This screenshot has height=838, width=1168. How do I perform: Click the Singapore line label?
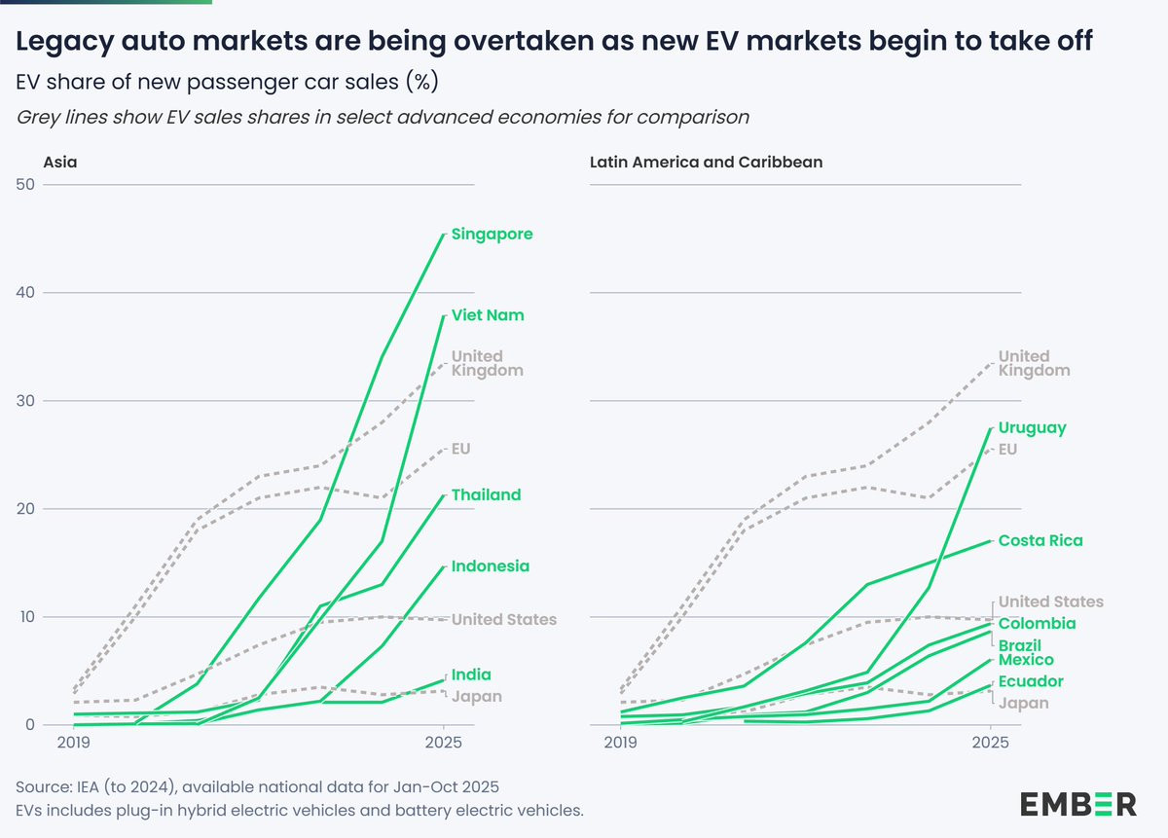pyautogui.click(x=492, y=235)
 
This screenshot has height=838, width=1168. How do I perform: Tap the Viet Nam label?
pyautogui.click(x=488, y=315)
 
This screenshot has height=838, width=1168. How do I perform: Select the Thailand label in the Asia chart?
pyautogui.click(x=486, y=494)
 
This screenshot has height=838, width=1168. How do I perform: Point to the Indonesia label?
pyautogui.click(x=491, y=565)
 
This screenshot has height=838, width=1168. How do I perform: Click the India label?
pyautogui.click(x=471, y=674)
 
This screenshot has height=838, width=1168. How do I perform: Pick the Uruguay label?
pyautogui.click(x=1032, y=428)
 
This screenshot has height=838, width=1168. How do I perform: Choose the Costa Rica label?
pyautogui.click(x=1040, y=540)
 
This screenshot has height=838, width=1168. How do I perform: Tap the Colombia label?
pyautogui.click(x=1037, y=623)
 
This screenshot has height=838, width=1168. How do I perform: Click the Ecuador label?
pyautogui.click(x=1031, y=681)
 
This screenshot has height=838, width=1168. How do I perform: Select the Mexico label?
pyautogui.click(x=1026, y=660)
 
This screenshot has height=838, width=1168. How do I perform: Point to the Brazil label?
pyautogui.click(x=1019, y=645)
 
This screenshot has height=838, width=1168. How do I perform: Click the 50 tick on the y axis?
pyautogui.click(x=25, y=184)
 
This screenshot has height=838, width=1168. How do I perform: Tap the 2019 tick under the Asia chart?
pyautogui.click(x=74, y=742)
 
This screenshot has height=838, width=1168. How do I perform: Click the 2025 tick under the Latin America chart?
pyautogui.click(x=990, y=742)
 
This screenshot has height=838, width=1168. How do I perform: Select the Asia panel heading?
pyautogui.click(x=60, y=163)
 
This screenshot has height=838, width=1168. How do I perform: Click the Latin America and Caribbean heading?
pyautogui.click(x=706, y=163)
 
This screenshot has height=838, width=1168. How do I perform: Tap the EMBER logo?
pyautogui.click(x=1078, y=804)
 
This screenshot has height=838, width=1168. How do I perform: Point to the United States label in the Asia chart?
pyautogui.click(x=504, y=619)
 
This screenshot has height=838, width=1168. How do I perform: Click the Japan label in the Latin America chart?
pyautogui.click(x=1023, y=703)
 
